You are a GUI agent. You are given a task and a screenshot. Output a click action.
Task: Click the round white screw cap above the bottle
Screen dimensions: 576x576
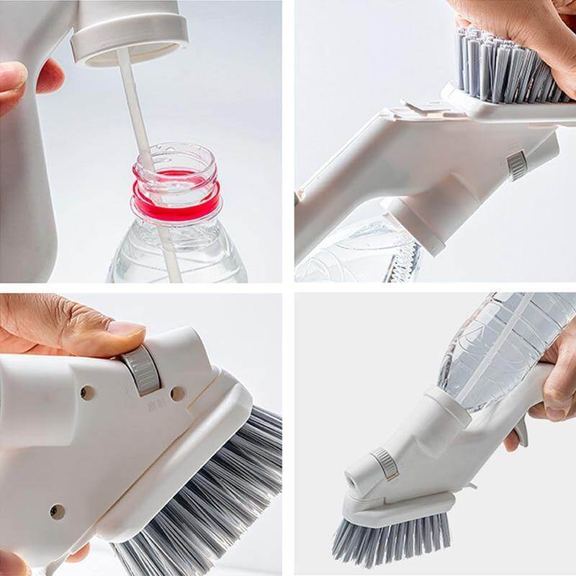point(130,32)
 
